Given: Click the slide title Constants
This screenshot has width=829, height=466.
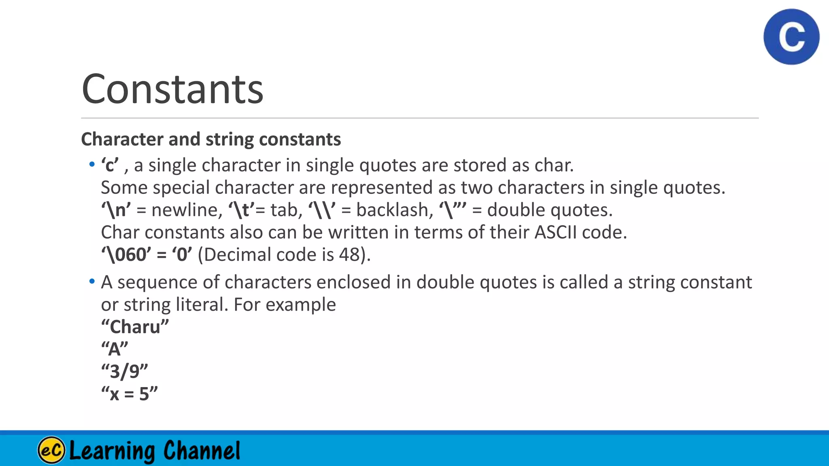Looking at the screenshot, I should [x=172, y=89].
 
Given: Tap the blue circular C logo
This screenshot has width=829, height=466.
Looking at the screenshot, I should [x=791, y=37].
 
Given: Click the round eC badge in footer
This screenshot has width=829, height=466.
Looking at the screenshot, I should [x=51, y=450].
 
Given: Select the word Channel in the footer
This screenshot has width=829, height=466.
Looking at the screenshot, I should [x=202, y=451].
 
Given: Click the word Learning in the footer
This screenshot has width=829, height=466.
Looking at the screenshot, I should [x=112, y=451].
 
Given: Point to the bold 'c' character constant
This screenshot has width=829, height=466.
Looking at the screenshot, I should [x=110, y=165].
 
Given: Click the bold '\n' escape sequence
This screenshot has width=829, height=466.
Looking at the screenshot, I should [x=116, y=210].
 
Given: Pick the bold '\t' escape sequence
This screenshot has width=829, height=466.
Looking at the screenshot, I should [x=242, y=210].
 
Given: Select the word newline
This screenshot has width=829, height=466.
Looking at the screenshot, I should [x=187, y=210].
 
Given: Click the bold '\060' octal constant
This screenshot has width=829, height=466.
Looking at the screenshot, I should [x=126, y=255].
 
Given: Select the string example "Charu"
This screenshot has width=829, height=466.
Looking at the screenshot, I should [x=135, y=327].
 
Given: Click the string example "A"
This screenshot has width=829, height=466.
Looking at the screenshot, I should [x=115, y=349].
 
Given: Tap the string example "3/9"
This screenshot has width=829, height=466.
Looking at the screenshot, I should [x=124, y=371].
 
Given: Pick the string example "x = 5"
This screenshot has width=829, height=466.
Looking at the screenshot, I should [x=129, y=394].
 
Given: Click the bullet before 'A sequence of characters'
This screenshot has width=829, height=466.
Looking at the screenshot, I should [x=92, y=281].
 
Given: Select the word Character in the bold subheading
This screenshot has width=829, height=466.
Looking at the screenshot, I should [x=122, y=139].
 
